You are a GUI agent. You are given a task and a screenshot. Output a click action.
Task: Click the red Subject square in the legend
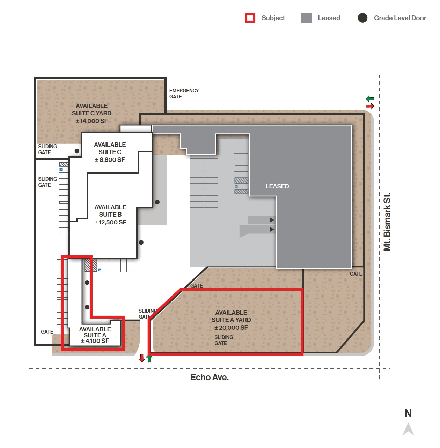(x=250, y=18)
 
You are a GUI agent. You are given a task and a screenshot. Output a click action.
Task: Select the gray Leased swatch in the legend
(x=306, y=18)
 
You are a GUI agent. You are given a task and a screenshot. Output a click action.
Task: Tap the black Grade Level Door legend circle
(x=362, y=18)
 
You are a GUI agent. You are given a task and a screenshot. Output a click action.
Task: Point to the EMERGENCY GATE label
(x=184, y=94)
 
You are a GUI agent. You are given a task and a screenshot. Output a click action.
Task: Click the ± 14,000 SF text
(x=91, y=121)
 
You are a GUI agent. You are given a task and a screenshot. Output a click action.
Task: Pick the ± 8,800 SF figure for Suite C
(x=110, y=160)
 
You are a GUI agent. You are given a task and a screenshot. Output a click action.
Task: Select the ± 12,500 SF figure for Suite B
(x=110, y=222)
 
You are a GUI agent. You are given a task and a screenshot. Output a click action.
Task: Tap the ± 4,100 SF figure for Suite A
(x=95, y=341)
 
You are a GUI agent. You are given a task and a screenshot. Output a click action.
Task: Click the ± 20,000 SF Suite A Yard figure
(x=231, y=328)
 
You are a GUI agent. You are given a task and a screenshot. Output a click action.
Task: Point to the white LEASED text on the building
(x=277, y=186)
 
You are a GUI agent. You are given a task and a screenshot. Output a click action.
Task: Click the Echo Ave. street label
(x=210, y=377)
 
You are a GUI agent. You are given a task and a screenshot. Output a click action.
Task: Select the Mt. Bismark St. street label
(x=387, y=222)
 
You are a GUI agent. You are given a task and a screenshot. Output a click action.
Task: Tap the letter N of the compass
(x=408, y=413)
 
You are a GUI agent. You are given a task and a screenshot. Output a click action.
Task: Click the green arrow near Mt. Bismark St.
(x=370, y=99)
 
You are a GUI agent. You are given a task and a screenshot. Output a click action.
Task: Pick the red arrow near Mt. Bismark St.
(x=370, y=106)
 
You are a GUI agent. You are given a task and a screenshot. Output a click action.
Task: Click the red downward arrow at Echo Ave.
(x=142, y=358)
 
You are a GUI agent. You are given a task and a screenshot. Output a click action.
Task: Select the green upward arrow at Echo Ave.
(x=149, y=358)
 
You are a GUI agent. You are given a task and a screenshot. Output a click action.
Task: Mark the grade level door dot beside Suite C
(x=77, y=151)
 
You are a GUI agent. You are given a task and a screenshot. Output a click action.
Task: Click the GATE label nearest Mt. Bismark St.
(x=356, y=274)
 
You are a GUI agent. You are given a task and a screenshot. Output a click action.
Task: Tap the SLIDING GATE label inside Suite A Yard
(x=223, y=340)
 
